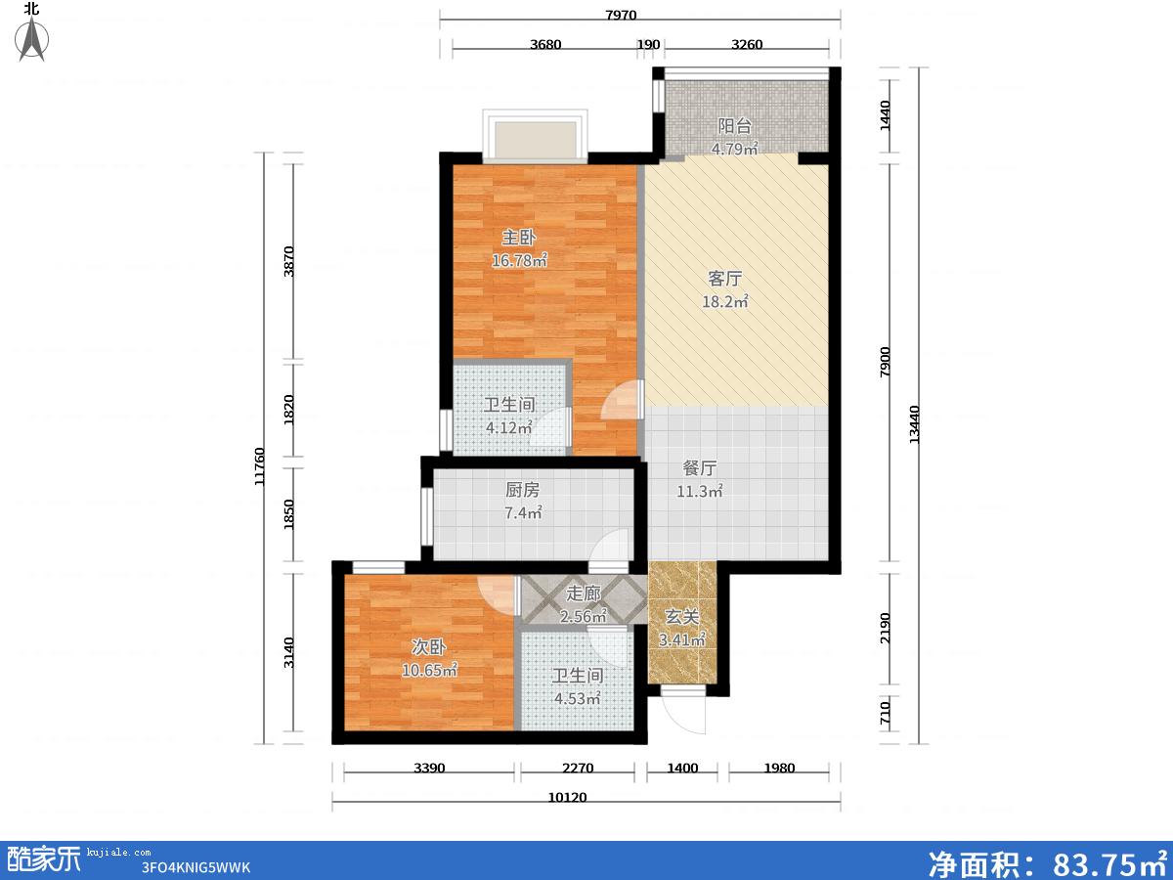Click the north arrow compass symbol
[x=32, y=38]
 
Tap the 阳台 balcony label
[x=735, y=126]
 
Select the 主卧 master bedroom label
[x=518, y=238]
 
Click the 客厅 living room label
[x=724, y=279]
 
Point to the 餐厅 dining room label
[x=700, y=468]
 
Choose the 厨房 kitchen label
[x=522, y=490]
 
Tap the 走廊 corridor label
[x=583, y=594]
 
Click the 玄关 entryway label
[x=682, y=617]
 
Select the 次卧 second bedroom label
[x=428, y=647]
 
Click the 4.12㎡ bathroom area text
[x=508, y=427]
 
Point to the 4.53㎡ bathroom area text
[x=577, y=698]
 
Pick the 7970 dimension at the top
[x=621, y=15]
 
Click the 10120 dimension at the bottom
[x=568, y=798]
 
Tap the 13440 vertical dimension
[x=914, y=424]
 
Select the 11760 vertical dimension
[x=260, y=466]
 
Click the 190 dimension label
[x=648, y=44]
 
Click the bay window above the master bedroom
[x=535, y=136]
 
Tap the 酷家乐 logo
[x=43, y=859]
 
